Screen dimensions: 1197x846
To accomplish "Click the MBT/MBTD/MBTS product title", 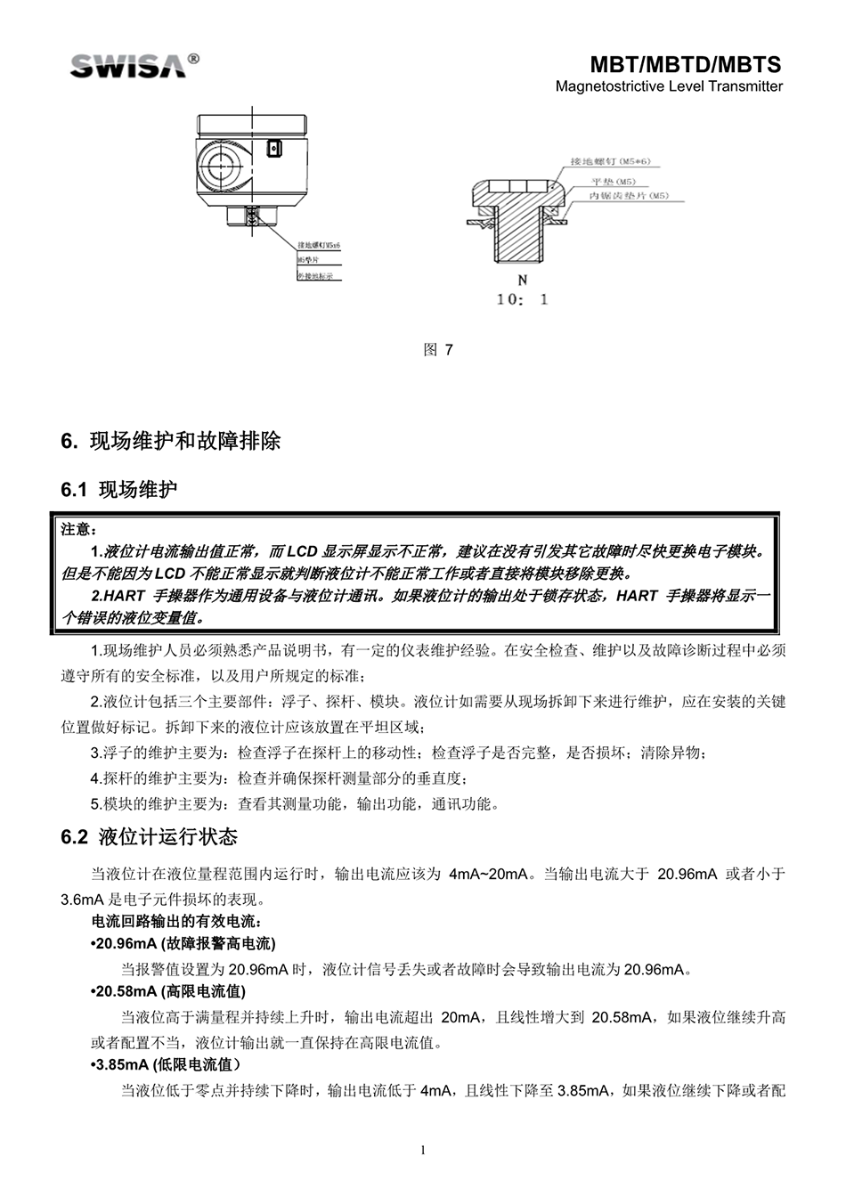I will tap(686, 65).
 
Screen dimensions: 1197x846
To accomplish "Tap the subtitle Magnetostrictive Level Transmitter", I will tap(669, 86).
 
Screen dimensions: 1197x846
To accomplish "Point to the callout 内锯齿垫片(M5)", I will tap(629, 195).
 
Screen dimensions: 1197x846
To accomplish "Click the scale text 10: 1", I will tap(522, 299).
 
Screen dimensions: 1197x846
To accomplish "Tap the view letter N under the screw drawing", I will tap(523, 280).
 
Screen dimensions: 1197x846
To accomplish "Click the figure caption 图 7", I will tap(438, 350).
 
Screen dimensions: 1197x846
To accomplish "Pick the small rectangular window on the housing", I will tap(275, 148).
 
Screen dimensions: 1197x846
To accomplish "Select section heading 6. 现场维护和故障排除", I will tap(170, 442).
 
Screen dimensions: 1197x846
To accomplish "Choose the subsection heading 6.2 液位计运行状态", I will tap(149, 837).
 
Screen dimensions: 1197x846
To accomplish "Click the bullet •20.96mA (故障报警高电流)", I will tap(183, 943).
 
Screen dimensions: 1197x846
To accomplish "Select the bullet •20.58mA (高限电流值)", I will tap(169, 991).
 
